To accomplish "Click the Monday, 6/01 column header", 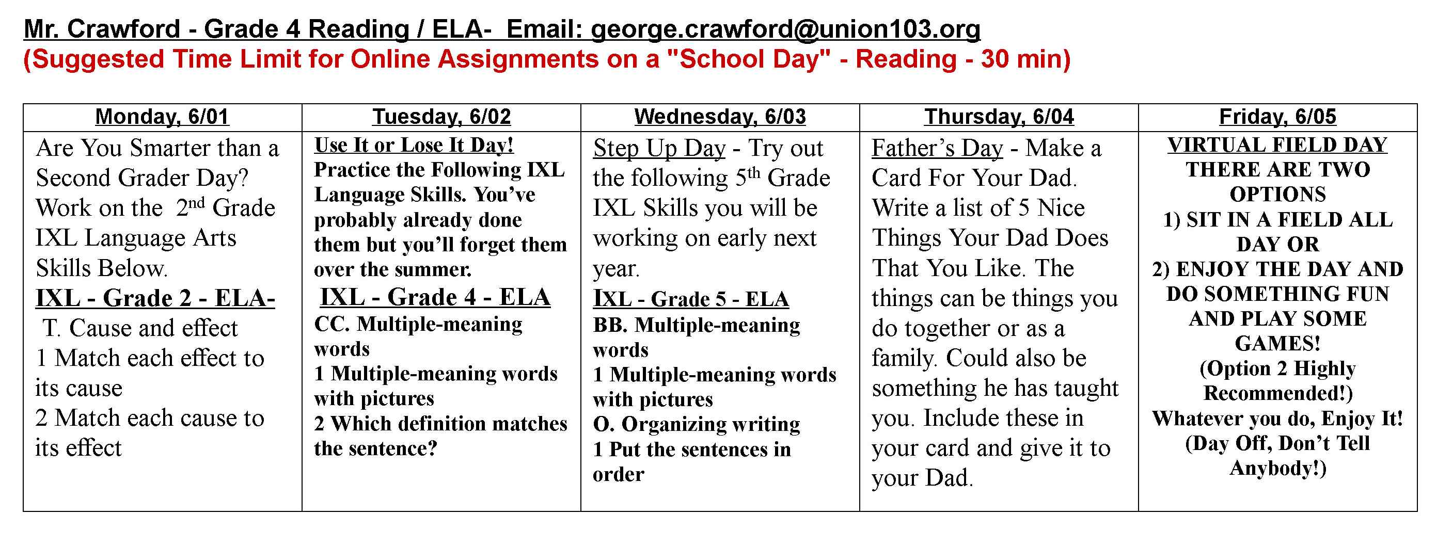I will click(162, 117).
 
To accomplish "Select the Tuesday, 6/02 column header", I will click(441, 117).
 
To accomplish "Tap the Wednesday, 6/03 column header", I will click(720, 117).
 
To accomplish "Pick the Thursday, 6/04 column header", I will click(999, 117).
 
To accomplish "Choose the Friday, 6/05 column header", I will click(1277, 117).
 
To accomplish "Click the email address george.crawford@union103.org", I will click(785, 29).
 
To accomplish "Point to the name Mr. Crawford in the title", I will click(102, 29).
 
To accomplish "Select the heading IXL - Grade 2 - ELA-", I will click(155, 298).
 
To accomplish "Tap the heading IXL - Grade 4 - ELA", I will click(435, 297).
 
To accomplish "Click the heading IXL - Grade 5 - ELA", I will click(690, 299).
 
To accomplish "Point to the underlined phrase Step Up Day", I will click(659, 148).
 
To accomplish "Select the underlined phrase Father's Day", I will click(937, 148).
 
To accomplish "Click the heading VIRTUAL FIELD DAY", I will click(1277, 145).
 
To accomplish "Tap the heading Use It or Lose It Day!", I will click(414, 145).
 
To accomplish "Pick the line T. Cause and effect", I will click(140, 328).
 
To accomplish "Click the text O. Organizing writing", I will click(696, 424).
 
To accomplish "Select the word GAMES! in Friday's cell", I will click(1277, 344).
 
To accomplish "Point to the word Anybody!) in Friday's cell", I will click(1277, 468).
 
